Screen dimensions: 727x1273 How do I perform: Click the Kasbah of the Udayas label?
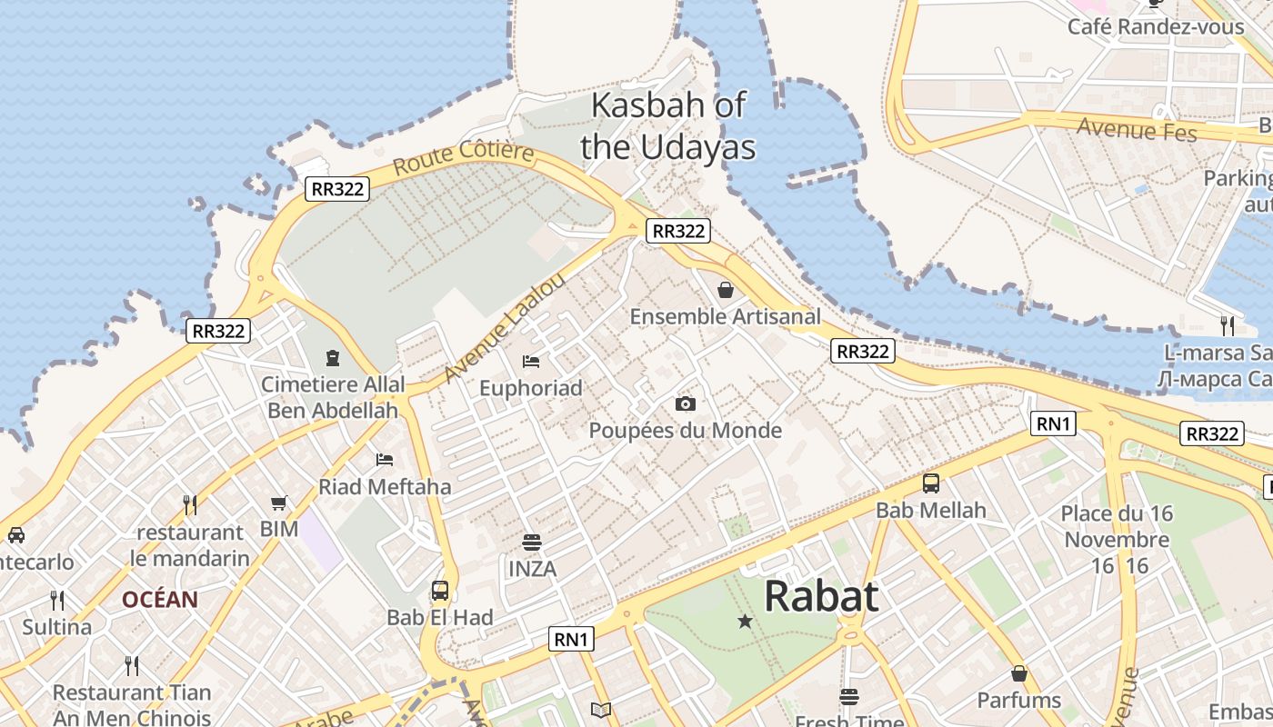[x=667, y=125]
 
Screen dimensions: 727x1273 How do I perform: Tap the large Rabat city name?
[x=821, y=597]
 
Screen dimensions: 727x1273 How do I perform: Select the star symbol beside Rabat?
[x=745, y=622]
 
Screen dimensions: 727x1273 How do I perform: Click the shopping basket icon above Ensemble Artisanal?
[x=726, y=290]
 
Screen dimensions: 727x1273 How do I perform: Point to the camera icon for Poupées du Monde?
[x=685, y=403]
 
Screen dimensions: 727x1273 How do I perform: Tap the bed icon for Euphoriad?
[x=531, y=362]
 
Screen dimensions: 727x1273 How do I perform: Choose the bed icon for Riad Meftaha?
[x=385, y=460]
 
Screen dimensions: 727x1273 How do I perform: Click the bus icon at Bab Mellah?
[x=930, y=483]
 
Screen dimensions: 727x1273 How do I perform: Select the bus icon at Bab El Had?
[x=440, y=591]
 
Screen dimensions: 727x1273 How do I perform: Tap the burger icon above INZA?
[x=532, y=543]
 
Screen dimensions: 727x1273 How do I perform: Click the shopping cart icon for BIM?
[x=278, y=503]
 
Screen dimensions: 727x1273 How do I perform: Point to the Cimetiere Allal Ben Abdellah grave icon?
[x=333, y=358]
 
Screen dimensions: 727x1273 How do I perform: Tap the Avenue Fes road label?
[x=1137, y=130]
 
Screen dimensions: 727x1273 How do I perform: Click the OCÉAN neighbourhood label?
[x=160, y=600]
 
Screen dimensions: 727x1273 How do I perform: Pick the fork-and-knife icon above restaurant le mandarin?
[x=189, y=504]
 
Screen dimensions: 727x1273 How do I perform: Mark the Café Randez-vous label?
[x=1155, y=27]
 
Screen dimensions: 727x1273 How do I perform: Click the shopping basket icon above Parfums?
[x=1019, y=673]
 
